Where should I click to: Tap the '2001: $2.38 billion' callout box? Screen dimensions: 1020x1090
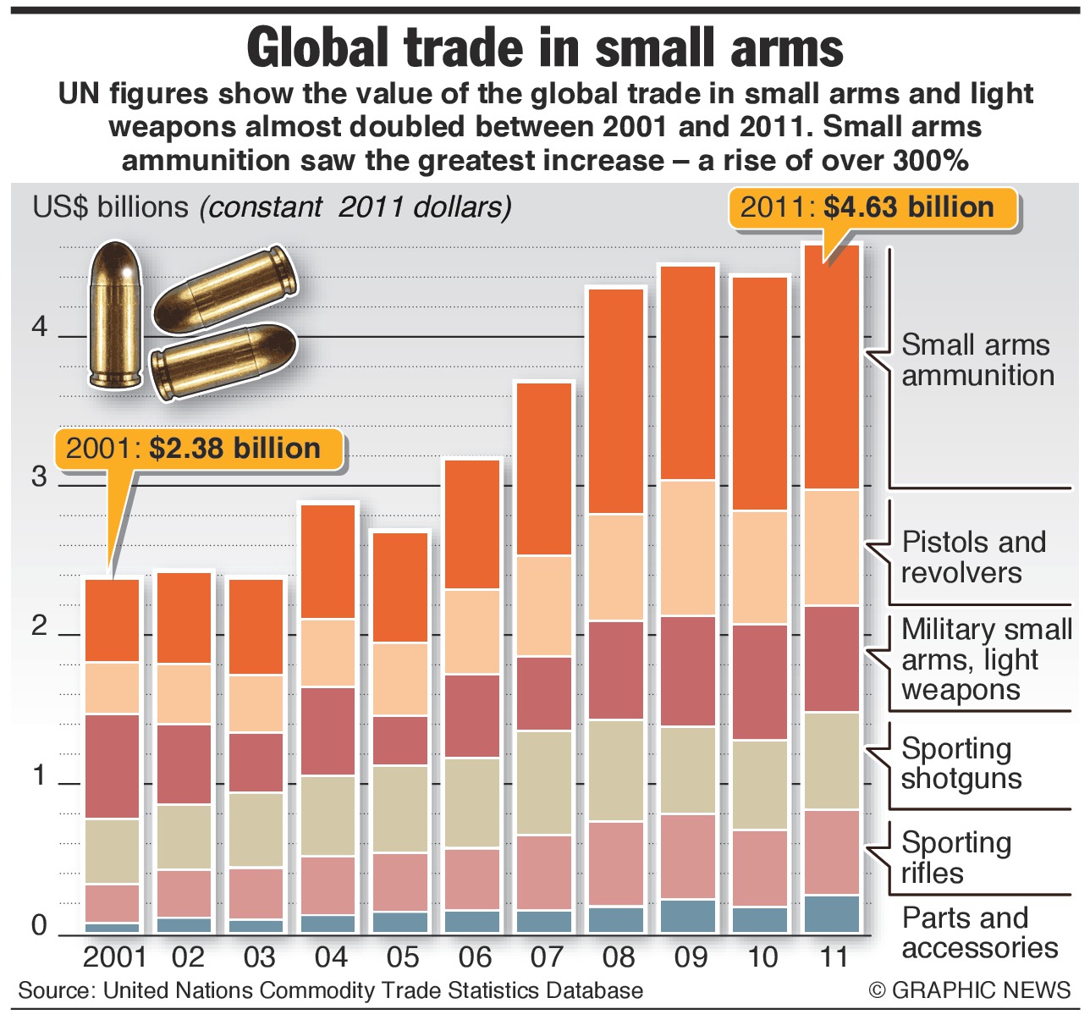tap(200, 449)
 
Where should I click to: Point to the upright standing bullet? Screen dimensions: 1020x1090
tap(116, 315)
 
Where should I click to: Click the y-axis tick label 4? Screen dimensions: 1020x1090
tap(39, 328)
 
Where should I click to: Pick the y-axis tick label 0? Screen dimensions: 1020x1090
tap(39, 925)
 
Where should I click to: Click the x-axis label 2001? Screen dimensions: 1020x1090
tap(114, 957)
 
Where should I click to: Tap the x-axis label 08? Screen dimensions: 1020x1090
tap(618, 957)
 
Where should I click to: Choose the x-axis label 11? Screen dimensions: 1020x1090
tap(834, 957)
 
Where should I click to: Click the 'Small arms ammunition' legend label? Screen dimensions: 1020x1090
tap(977, 361)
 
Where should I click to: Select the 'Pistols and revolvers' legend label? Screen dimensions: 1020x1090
tap(973, 557)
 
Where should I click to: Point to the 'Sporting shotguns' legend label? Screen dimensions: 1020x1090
tap(961, 764)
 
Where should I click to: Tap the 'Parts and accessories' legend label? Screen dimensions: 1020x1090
tap(979, 933)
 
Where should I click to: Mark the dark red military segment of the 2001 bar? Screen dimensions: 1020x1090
tap(113, 766)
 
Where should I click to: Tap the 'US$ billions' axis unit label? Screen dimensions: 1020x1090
tap(110, 207)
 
